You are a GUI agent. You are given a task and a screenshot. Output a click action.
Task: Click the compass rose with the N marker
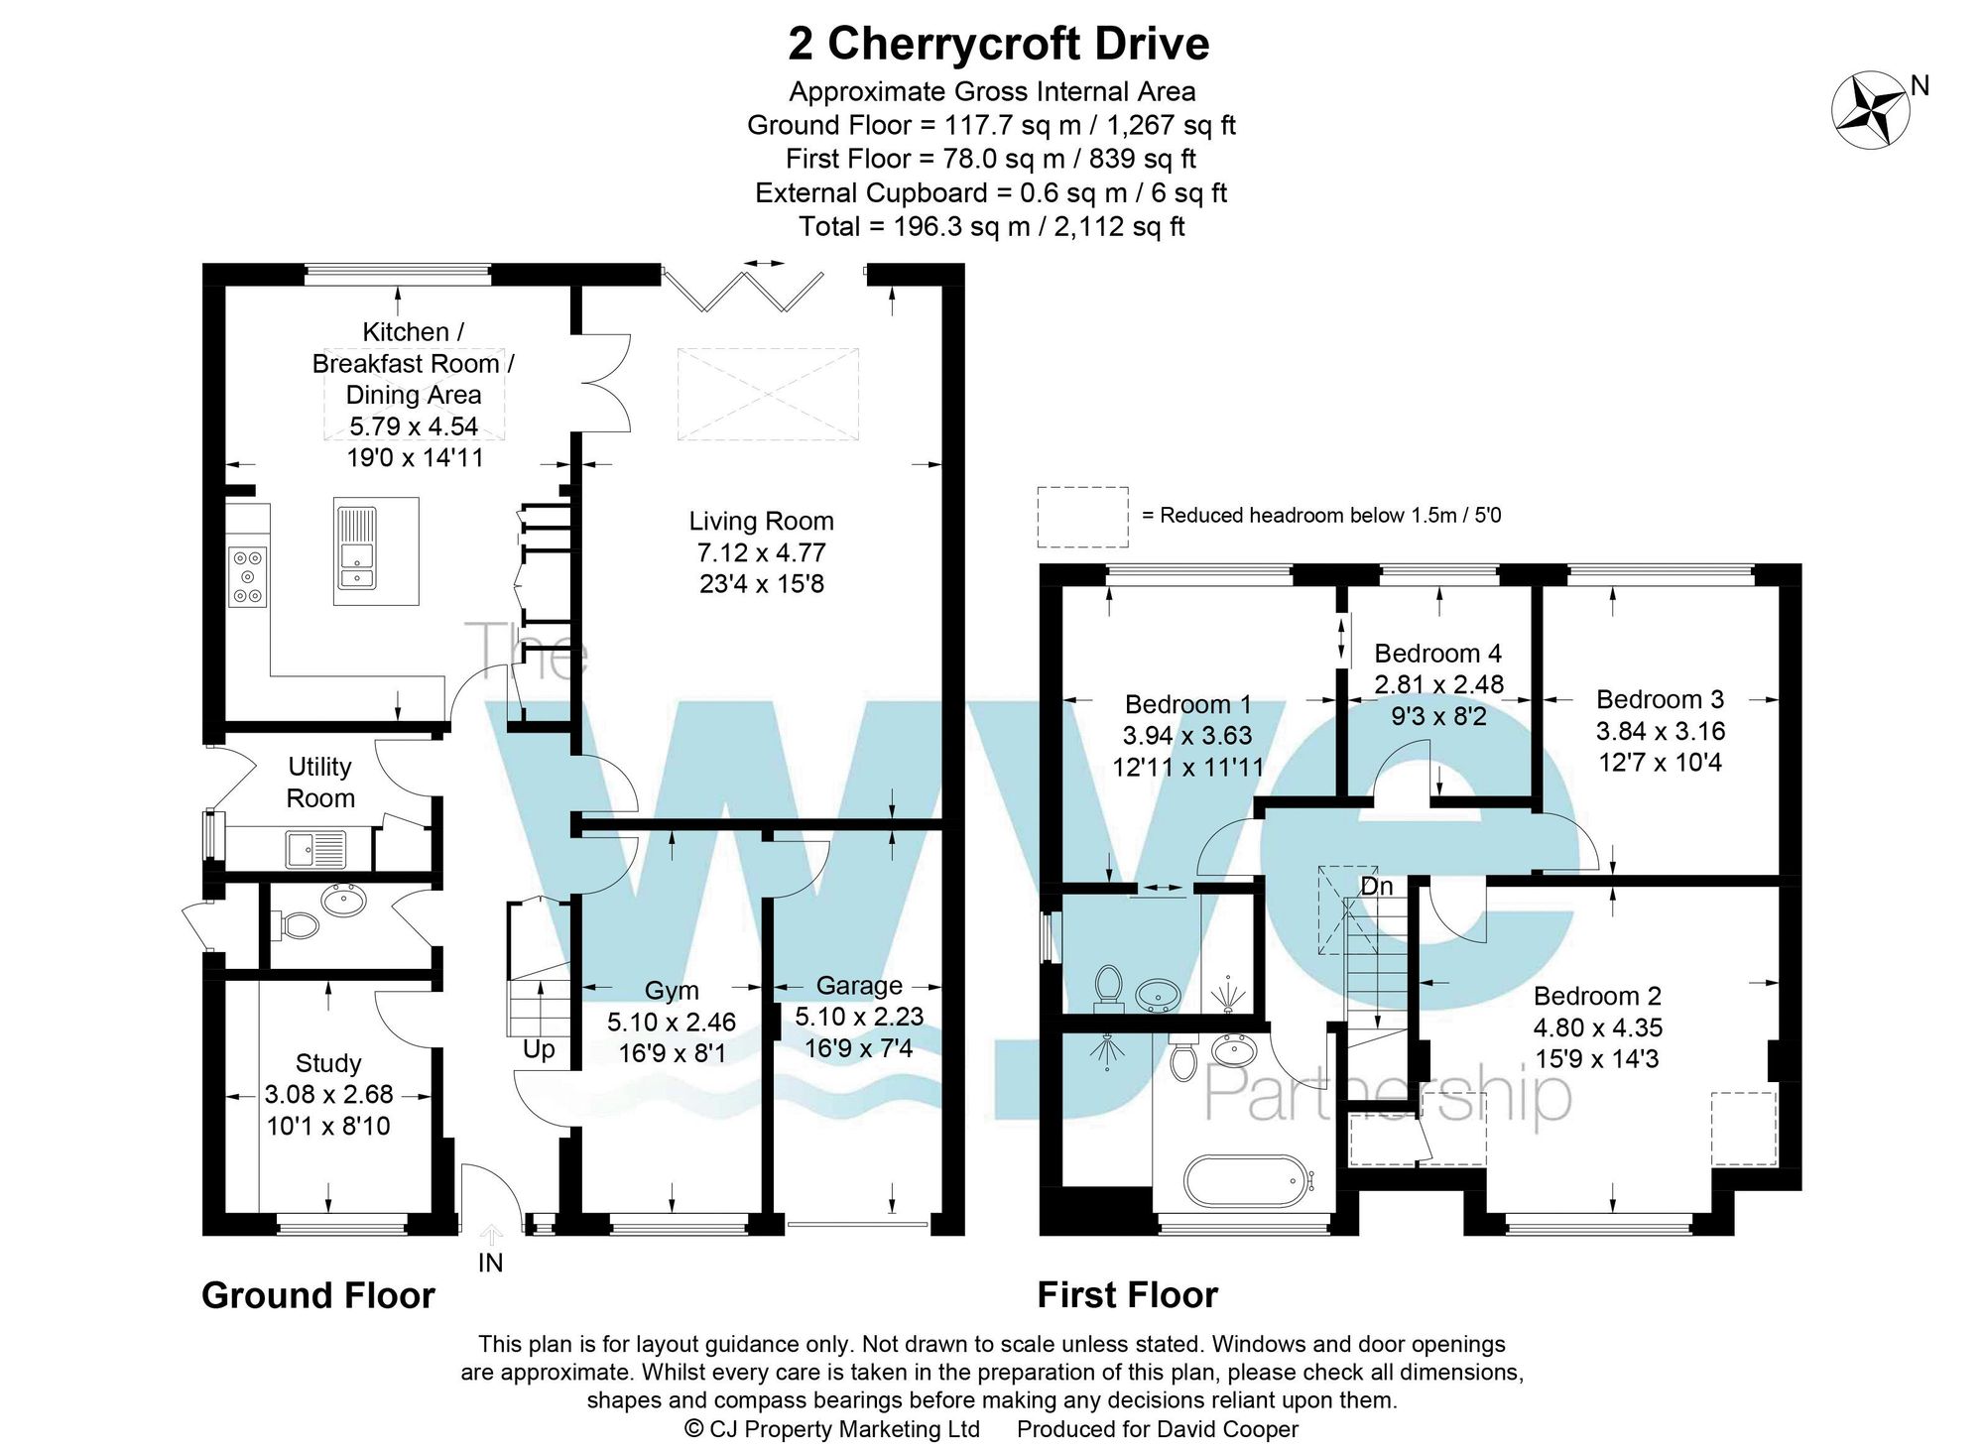click(x=1870, y=110)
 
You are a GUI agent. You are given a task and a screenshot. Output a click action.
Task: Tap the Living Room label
click(x=761, y=522)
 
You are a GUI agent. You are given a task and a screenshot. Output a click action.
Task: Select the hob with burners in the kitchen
click(x=248, y=576)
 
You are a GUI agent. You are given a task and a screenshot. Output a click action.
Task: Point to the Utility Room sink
click(x=315, y=849)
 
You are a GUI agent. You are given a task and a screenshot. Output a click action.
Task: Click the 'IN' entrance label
click(x=490, y=1263)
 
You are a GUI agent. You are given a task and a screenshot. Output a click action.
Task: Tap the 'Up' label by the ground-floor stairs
click(x=539, y=1049)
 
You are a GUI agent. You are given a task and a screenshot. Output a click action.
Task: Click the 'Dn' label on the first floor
click(x=1376, y=886)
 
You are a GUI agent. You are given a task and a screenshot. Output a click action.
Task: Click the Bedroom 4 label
click(x=1437, y=654)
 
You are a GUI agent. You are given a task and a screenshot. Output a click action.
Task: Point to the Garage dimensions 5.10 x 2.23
click(x=859, y=1017)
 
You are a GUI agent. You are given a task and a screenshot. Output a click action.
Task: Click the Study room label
click(x=328, y=1063)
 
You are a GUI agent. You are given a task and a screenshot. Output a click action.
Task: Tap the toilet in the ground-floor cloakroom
click(x=297, y=925)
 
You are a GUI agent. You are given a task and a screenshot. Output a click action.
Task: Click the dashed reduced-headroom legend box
click(x=1082, y=517)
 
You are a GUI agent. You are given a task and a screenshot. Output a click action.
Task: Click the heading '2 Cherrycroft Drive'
click(x=998, y=44)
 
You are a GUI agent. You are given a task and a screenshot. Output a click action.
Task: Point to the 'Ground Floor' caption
click(x=317, y=1295)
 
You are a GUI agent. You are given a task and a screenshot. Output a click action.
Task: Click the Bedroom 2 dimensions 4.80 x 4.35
click(x=1597, y=1028)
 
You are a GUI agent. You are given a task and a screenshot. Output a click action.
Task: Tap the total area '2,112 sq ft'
click(x=1119, y=227)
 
